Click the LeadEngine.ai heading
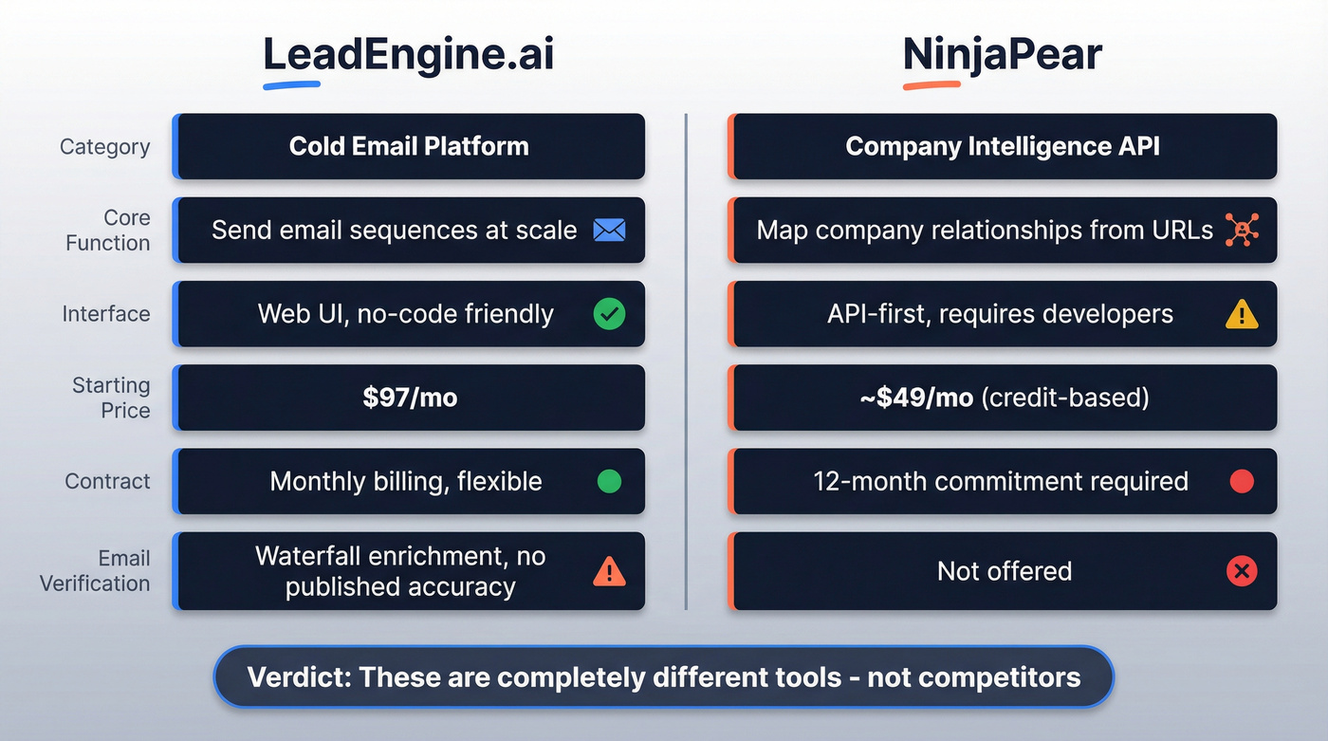pyautogui.click(x=409, y=55)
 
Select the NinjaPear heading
pyautogui.click(x=1003, y=55)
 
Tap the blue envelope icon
pyautogui.click(x=609, y=230)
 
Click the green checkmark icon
pyautogui.click(x=609, y=314)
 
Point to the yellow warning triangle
pyautogui.click(x=1242, y=314)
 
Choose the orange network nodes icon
pyautogui.click(x=1242, y=230)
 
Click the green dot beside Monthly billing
pyautogui.click(x=609, y=481)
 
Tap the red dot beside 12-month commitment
pyautogui.click(x=1242, y=481)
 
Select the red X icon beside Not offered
pyautogui.click(x=1242, y=571)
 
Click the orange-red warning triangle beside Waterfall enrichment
pyautogui.click(x=609, y=571)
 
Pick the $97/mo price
pyautogui.click(x=410, y=398)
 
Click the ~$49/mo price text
pyautogui.click(x=915, y=398)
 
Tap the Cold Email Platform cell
pyautogui.click(x=409, y=146)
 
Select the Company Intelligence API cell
pyautogui.click(x=1003, y=146)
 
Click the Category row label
pyautogui.click(x=104, y=147)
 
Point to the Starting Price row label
pyautogui.click(x=111, y=398)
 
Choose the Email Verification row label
pyautogui.click(x=95, y=570)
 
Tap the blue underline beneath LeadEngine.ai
pyautogui.click(x=291, y=85)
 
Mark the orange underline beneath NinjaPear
pyautogui.click(x=931, y=85)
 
